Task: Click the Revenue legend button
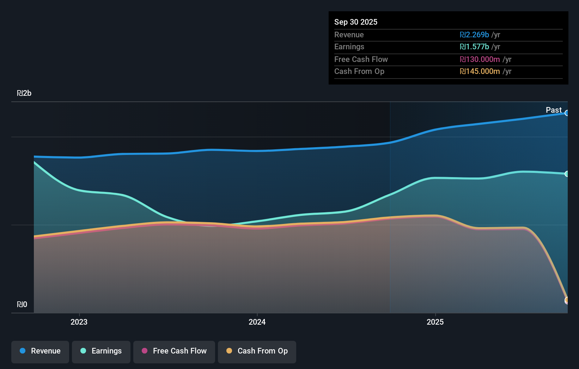coord(40,351)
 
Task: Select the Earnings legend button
coord(101,351)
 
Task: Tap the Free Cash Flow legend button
coord(174,351)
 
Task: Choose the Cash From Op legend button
coord(257,351)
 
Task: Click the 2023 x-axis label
coord(79,322)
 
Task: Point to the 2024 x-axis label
coord(257,322)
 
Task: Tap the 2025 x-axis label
coord(435,322)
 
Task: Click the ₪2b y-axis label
coord(24,93)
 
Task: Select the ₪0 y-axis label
coord(22,305)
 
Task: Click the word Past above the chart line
coord(554,110)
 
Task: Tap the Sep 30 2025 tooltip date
coord(356,22)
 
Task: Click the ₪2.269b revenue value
coord(474,35)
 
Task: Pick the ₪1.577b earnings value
coord(474,47)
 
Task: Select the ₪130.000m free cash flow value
coord(480,60)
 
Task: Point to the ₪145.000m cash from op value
coord(480,71)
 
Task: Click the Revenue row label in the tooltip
coord(349,35)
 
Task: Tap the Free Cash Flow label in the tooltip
coord(361,60)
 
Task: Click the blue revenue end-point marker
coord(567,113)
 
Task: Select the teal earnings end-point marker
coord(567,174)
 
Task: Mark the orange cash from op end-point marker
coord(567,300)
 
